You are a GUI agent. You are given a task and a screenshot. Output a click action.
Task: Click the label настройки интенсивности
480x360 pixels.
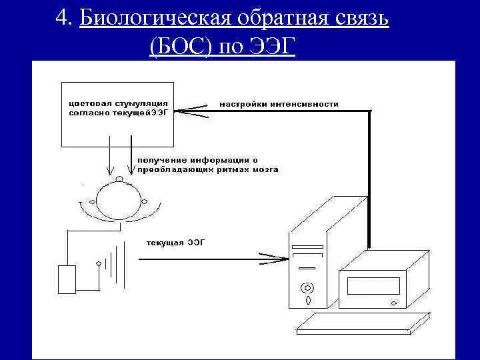pos(279,104)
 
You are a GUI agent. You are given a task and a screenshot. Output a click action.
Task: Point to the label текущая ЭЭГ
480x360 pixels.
pos(175,242)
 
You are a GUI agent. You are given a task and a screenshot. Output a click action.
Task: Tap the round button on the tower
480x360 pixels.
pos(307,289)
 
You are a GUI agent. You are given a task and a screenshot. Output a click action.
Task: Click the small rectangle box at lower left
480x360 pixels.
pos(67,279)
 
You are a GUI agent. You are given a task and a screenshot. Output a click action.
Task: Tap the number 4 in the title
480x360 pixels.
pos(63,19)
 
